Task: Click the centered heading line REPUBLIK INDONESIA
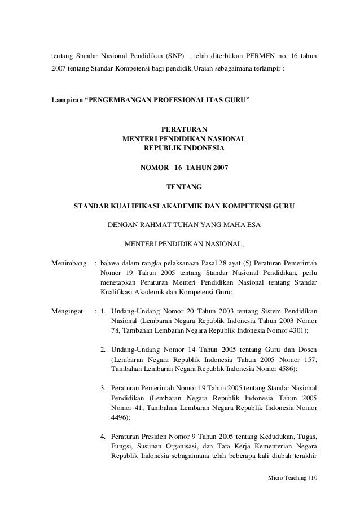point(184,148)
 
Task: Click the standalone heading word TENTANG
point(184,186)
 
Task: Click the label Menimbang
point(69,263)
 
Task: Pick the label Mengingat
point(67,311)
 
